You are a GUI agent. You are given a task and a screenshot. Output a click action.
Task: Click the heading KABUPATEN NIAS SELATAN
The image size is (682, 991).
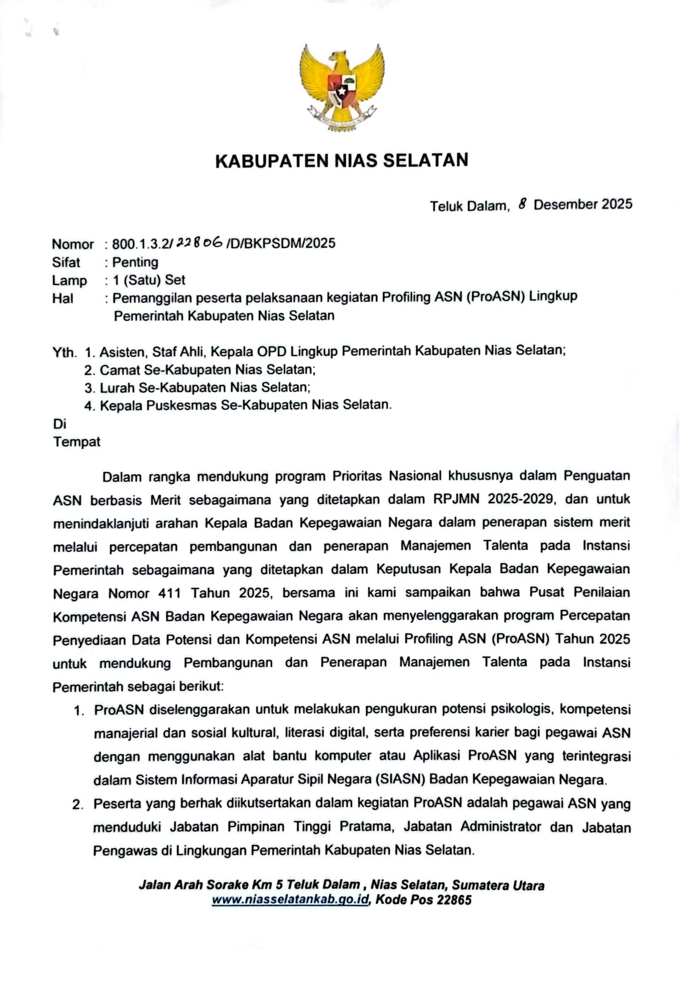point(341,160)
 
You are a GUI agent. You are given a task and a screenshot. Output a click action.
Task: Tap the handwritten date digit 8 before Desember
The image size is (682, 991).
point(521,204)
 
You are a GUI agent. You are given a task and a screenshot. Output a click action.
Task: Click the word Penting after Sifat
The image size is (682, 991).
point(135,262)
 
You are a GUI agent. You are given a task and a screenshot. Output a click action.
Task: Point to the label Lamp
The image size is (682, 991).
point(69,280)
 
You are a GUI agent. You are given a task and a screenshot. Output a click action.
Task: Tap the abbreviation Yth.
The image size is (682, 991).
point(65,353)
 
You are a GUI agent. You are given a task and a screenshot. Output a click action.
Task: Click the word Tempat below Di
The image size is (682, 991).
point(77,441)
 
